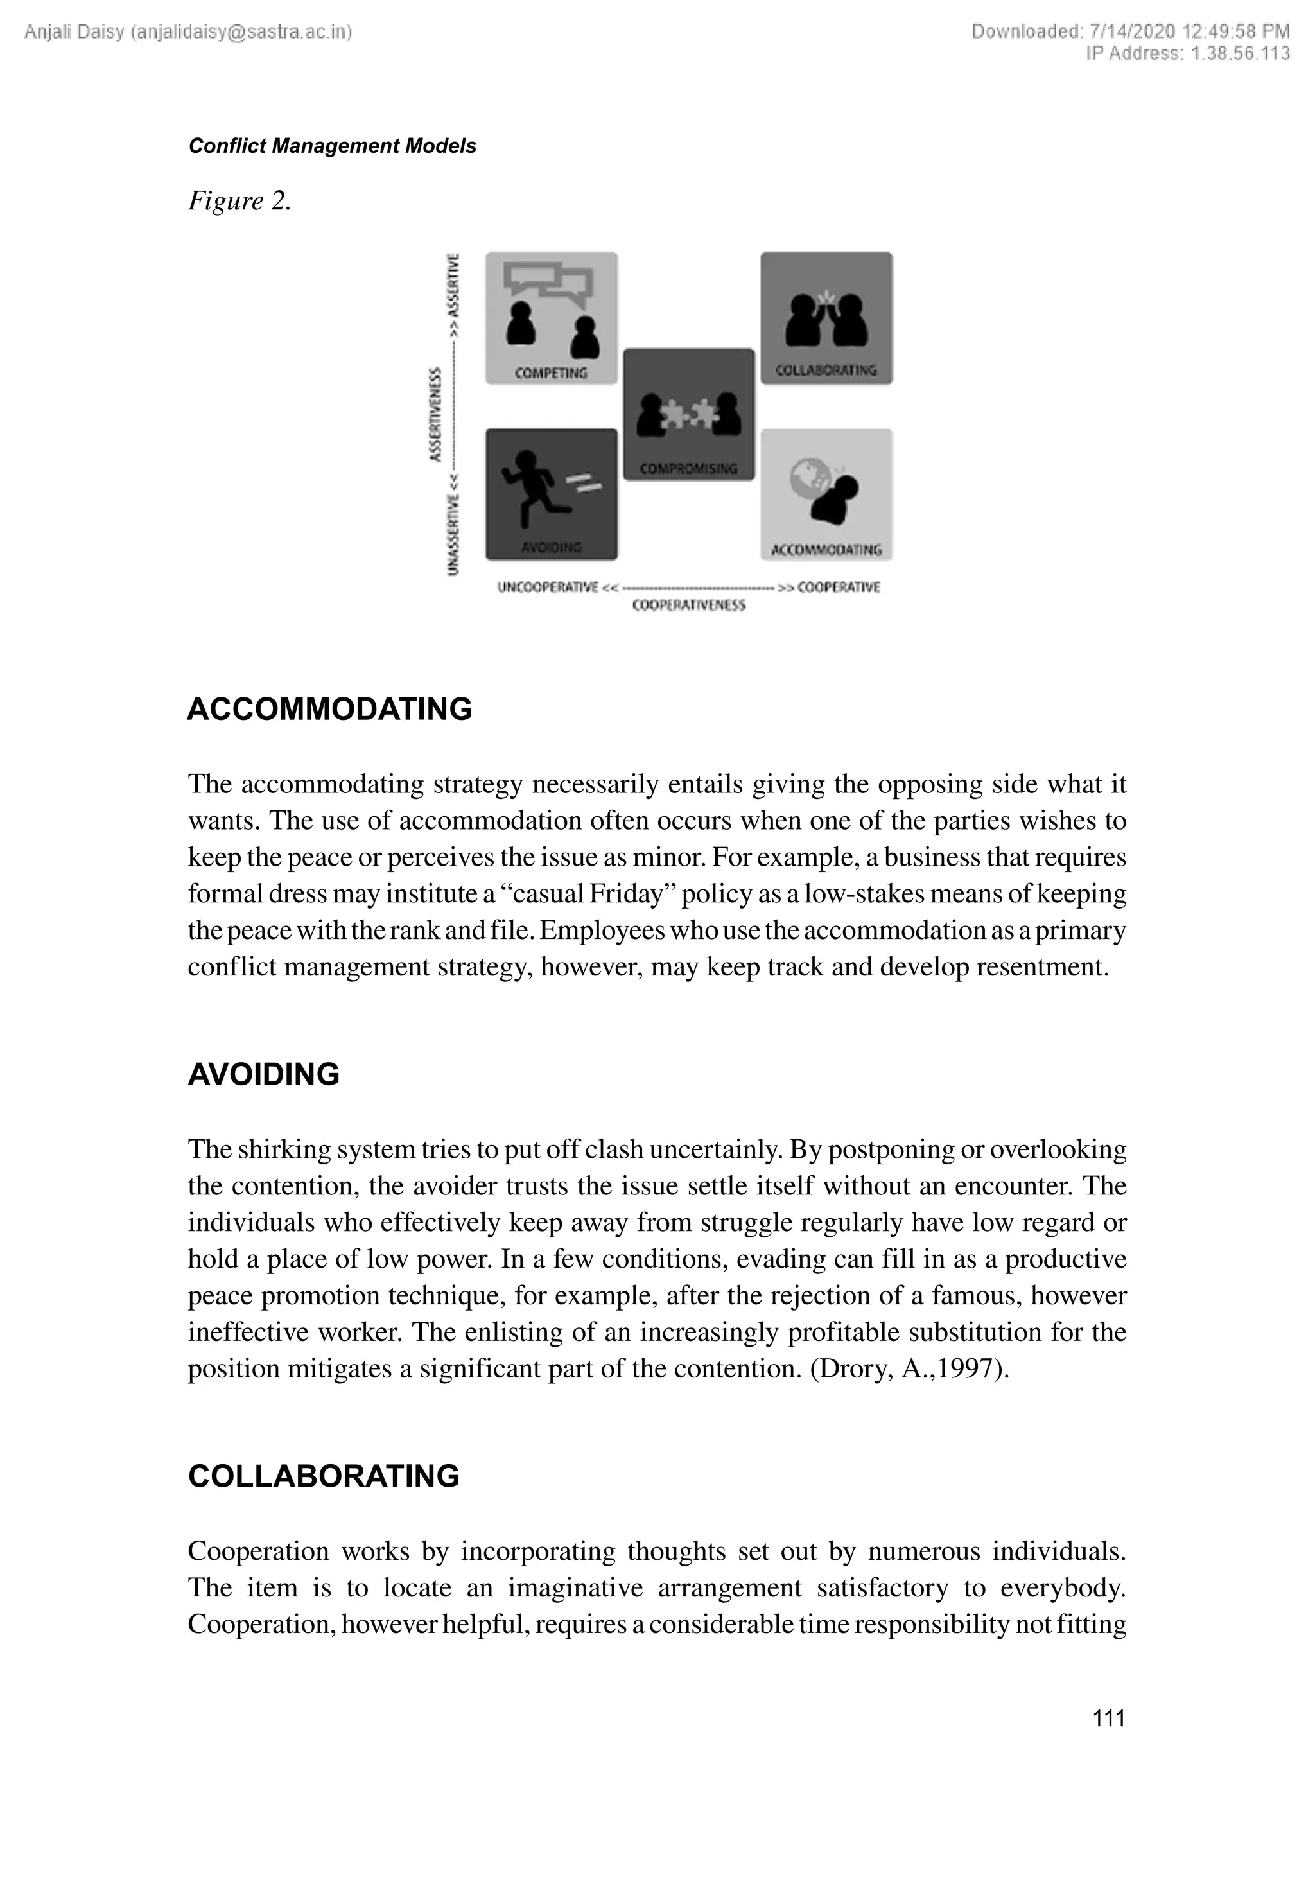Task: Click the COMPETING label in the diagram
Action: [551, 373]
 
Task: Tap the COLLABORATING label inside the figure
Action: [826, 371]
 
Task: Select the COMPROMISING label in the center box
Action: [688, 469]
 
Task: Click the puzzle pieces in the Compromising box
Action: [689, 414]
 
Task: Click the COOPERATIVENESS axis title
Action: [688, 606]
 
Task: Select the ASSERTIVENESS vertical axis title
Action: [436, 415]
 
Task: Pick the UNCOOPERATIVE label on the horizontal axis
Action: [548, 587]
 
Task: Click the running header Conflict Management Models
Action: [332, 146]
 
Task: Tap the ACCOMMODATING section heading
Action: [330, 709]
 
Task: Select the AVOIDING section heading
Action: [263, 1074]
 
